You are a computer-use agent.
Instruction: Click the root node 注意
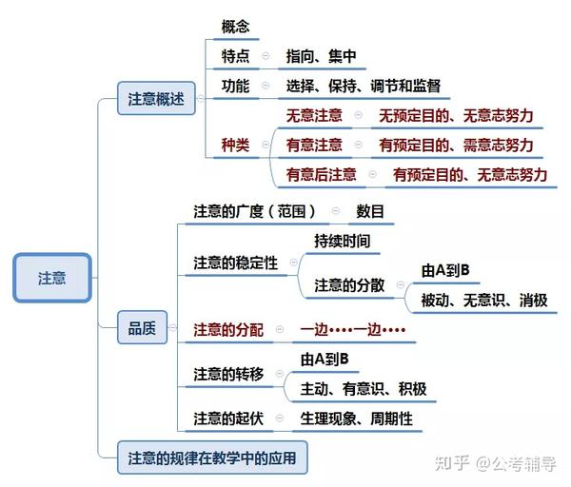coord(52,278)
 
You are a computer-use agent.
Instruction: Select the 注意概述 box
coord(156,98)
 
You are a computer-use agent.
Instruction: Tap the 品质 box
coord(142,327)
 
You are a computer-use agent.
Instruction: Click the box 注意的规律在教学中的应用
coord(212,458)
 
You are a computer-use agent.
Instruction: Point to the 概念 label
coord(236,27)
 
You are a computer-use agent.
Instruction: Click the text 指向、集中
coord(321,56)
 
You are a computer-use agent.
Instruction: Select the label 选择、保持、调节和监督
coord(364,86)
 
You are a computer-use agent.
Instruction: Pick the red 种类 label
coord(236,146)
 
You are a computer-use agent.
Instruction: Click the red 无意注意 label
coord(314,115)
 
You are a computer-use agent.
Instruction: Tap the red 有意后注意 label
coord(321,175)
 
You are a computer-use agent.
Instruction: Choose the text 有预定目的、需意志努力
coord(456,146)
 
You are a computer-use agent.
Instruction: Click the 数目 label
coord(370,211)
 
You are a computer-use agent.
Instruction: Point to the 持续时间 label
coord(343,241)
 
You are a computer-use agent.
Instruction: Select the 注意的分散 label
coord(349,285)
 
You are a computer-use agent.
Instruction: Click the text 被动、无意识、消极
coord(484,301)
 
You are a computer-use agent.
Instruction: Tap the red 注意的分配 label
coord(228,330)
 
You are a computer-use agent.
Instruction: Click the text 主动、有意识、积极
coord(364,389)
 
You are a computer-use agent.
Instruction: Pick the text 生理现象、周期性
coord(356,419)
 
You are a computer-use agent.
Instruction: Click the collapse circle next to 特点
coord(266,56)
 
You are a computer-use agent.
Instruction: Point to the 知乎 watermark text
coord(451,463)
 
